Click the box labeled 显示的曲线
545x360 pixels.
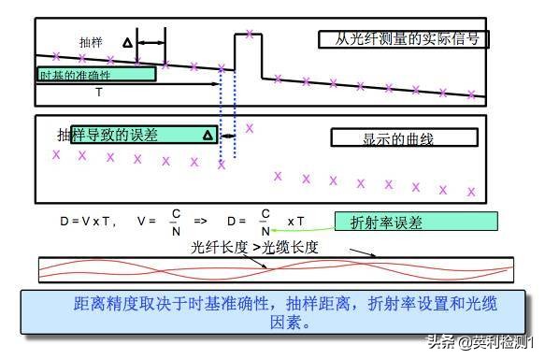(404, 137)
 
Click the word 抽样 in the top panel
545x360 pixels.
(92, 42)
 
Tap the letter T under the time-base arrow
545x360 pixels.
(99, 93)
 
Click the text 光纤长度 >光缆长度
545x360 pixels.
(254, 248)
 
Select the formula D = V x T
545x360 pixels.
(88, 222)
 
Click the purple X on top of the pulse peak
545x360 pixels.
(250, 36)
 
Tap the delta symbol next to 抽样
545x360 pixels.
(127, 43)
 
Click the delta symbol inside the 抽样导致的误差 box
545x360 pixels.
(208, 136)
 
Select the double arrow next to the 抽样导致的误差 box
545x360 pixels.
(227, 136)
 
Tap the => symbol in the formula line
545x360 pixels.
(200, 222)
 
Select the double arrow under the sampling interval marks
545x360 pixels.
(151, 44)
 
